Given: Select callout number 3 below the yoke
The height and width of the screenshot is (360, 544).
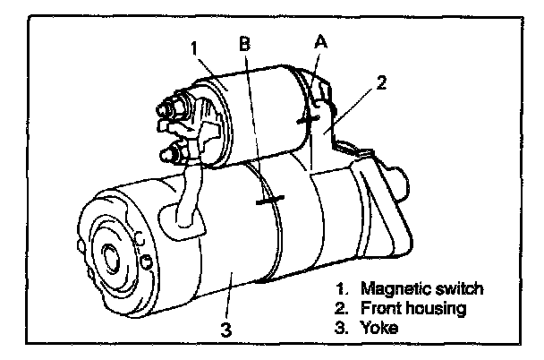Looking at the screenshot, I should pos(226,327).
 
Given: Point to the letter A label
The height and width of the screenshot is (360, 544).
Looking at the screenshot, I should pos(320,40).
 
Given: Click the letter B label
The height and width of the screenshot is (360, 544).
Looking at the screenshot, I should pos(243,42).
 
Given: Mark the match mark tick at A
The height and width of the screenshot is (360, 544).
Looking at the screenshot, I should pos(309,116).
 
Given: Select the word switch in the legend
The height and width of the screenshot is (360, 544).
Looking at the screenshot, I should pos(457,289).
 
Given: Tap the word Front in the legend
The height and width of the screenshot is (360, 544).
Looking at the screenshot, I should pos(380,309).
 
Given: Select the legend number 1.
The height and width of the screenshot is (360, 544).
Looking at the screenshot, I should pos(341,289).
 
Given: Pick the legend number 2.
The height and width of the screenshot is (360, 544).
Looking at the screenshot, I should pos(341,309).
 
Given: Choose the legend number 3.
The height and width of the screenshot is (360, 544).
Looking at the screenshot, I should pos(341,329).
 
